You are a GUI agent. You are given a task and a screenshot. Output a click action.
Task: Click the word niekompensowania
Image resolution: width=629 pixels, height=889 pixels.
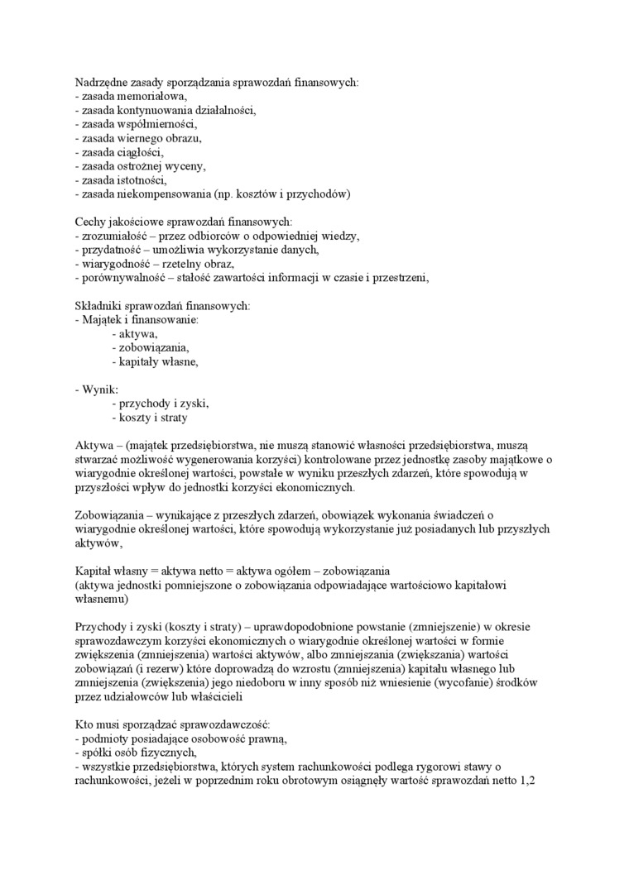coord(164,194)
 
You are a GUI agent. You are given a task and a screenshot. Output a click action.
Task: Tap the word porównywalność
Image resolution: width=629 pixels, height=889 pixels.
coord(119,279)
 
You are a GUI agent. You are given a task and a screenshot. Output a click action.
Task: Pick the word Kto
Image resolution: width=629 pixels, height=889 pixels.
coord(84,726)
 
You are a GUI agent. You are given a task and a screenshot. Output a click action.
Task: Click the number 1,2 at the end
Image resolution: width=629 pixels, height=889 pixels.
coord(528,782)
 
